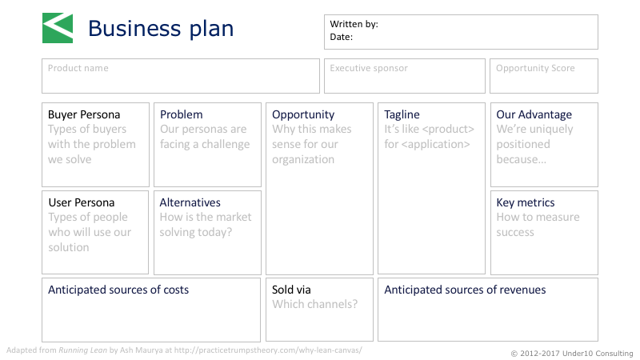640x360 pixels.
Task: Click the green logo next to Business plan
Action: pos(58,28)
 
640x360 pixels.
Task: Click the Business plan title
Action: pos(161,29)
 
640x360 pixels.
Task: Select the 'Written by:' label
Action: pos(354,24)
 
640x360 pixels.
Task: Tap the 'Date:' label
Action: pos(342,37)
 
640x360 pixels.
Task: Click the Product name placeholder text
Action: pos(78,68)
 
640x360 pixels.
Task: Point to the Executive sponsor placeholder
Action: pos(369,68)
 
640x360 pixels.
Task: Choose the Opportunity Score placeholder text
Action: pos(535,68)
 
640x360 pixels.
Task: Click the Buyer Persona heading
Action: pos(84,114)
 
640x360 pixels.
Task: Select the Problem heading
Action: pos(182,114)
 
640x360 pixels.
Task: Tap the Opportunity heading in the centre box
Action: pos(303,114)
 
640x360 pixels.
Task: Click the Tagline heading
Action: pos(402,114)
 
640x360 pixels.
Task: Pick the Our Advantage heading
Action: pos(534,114)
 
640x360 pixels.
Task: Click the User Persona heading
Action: pos(82,202)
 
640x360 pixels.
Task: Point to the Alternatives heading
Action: pos(190,202)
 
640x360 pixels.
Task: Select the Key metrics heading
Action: pos(526,203)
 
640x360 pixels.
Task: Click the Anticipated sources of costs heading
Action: pos(118,290)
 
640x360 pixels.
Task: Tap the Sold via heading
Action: pos(291,290)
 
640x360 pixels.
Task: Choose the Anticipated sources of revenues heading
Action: pos(465,290)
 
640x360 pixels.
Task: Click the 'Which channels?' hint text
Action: pos(314,304)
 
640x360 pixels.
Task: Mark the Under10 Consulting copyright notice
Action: pos(572,354)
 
